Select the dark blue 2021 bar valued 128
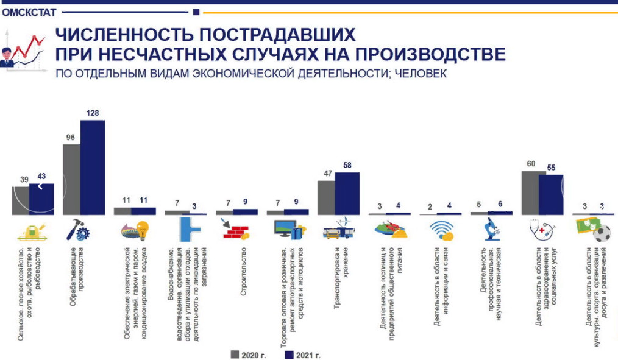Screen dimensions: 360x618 93,168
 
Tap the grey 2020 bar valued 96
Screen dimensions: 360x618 71,180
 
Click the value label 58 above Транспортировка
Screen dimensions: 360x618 347,165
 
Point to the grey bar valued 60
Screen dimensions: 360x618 534,193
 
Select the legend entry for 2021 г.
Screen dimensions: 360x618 303,355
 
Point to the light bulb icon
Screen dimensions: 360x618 141,230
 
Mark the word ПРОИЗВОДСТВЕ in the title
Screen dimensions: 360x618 438,55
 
